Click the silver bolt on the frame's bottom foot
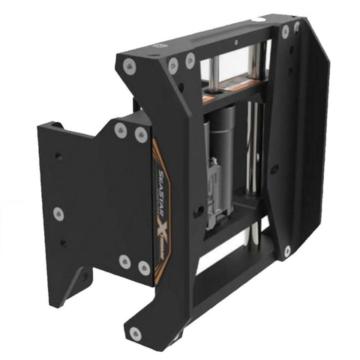tap(134, 333)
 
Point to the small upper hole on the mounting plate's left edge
tap(58, 156)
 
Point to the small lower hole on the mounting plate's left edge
tap(64, 243)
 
